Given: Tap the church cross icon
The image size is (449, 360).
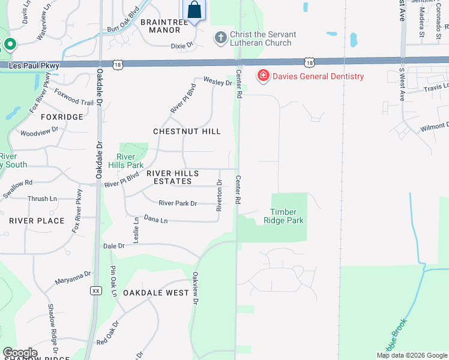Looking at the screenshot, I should tap(220, 38).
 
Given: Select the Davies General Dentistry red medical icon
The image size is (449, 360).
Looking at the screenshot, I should tap(263, 76).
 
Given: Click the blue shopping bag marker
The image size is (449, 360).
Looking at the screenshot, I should tap(194, 10).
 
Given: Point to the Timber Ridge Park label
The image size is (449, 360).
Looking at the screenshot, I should tap(287, 216).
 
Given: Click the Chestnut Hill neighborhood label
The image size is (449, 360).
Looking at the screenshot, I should tap(187, 131).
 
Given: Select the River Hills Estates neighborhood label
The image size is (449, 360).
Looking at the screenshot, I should tap(172, 177).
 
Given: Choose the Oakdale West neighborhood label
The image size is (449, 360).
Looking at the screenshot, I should tap(156, 293).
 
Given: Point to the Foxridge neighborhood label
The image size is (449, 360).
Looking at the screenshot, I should tap(62, 117).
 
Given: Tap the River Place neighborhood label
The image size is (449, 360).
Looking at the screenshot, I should tap(37, 221).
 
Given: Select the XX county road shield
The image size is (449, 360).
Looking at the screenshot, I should tap(95, 290).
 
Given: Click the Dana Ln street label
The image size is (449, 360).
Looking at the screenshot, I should tap(155, 221).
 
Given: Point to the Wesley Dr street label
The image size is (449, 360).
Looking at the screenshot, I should tap(217, 81).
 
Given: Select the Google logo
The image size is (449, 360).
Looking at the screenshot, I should tap(20, 353).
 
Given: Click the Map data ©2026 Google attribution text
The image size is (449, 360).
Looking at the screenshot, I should tap(412, 355).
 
